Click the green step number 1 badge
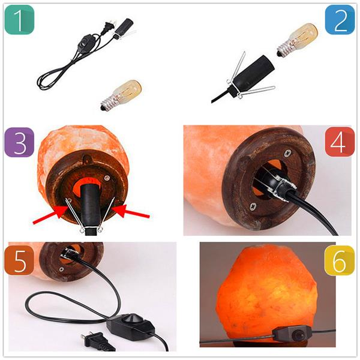click(x=19, y=20)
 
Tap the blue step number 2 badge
click(x=340, y=20)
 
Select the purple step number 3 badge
click(x=19, y=142)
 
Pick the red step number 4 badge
click(x=340, y=142)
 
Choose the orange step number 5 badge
click(x=19, y=260)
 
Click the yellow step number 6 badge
click(x=340, y=260)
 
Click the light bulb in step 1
click(x=121, y=95)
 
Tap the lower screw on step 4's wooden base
click(x=253, y=206)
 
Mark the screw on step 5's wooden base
click(x=61, y=269)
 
